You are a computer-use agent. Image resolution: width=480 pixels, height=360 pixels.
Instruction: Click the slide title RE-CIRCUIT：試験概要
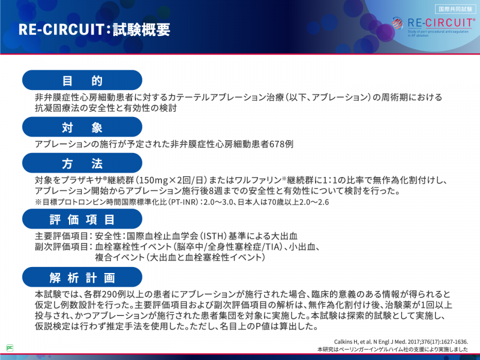[94, 29]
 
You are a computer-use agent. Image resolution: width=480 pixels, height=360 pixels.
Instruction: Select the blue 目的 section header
[82, 80]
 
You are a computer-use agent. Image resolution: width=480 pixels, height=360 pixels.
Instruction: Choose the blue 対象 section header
[82, 127]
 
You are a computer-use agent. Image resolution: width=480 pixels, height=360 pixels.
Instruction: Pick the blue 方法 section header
[82, 164]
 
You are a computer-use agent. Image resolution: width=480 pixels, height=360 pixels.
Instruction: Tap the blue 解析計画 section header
[82, 278]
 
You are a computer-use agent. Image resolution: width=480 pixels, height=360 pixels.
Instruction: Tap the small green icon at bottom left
[10, 347]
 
